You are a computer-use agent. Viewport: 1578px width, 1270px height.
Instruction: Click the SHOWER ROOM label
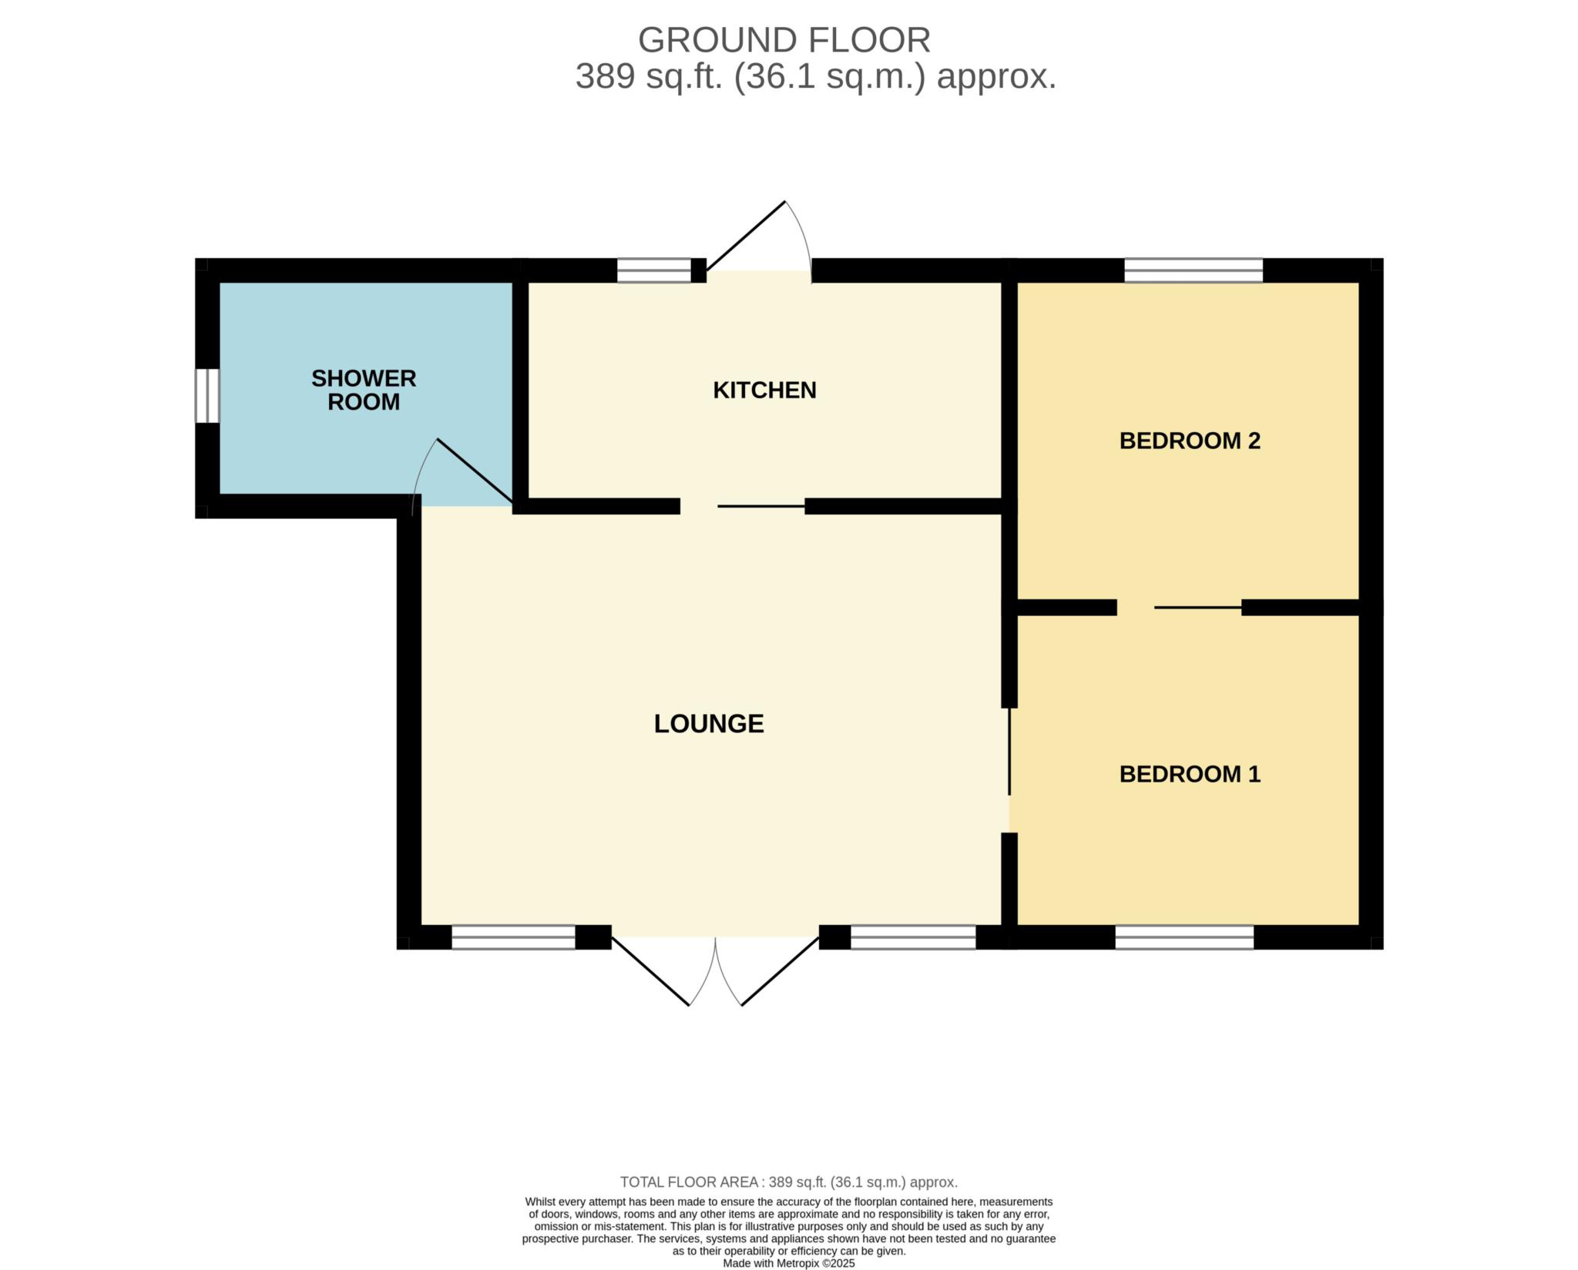(x=364, y=390)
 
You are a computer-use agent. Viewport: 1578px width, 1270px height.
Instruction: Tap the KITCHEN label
(x=764, y=390)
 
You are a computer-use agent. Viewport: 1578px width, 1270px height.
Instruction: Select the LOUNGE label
(x=709, y=724)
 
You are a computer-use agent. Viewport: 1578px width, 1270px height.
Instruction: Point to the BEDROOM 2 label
(x=1190, y=441)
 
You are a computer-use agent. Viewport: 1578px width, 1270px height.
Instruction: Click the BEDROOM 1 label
(x=1190, y=774)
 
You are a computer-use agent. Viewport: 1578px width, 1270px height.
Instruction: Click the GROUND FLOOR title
(x=784, y=40)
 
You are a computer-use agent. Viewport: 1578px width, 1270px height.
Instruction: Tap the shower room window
(x=207, y=396)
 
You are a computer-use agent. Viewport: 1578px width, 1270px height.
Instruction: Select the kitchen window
(x=654, y=270)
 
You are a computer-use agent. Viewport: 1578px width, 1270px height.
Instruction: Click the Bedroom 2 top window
(x=1194, y=270)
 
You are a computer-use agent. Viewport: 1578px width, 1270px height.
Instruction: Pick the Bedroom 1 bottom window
(x=1184, y=937)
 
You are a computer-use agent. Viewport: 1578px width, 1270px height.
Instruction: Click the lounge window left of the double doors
(x=513, y=937)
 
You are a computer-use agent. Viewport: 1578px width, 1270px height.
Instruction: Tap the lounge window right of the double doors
(x=913, y=937)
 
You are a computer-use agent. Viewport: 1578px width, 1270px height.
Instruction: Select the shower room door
(x=475, y=471)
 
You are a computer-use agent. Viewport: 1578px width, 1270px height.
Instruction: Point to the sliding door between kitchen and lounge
(x=761, y=506)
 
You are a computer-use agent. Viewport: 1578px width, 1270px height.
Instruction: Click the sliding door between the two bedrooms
(x=1198, y=608)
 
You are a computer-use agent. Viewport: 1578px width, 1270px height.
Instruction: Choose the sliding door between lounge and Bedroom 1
(x=1009, y=751)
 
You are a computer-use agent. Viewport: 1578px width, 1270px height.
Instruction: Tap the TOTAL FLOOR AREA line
(x=789, y=1181)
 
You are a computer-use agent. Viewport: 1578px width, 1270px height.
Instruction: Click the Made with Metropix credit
(x=789, y=1263)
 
